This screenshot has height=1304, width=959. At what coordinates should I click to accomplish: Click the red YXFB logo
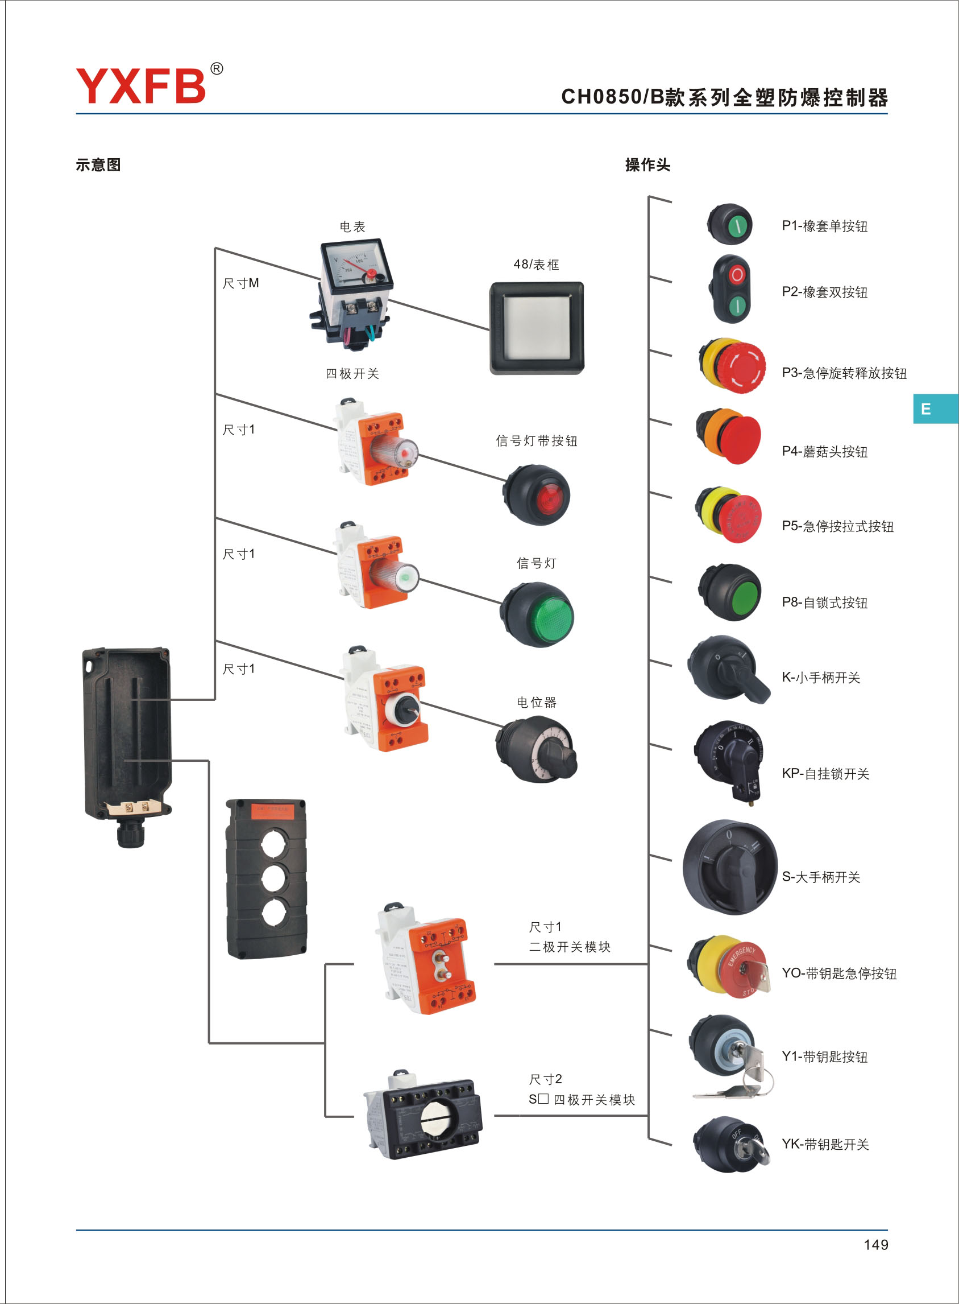pyautogui.click(x=141, y=85)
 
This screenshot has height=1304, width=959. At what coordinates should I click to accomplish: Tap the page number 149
pyautogui.click(x=875, y=1245)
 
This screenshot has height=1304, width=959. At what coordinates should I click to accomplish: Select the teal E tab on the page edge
pyautogui.click(x=935, y=408)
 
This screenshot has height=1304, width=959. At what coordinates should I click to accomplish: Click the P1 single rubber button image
pyautogui.click(x=730, y=224)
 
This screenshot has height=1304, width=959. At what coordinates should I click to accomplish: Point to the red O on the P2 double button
pyautogui.click(x=737, y=275)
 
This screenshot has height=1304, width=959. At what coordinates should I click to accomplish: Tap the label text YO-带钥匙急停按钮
pyautogui.click(x=839, y=973)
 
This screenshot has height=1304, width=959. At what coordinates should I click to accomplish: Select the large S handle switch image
pyautogui.click(x=730, y=866)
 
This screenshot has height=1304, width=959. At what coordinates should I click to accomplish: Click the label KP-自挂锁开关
pyautogui.click(x=825, y=773)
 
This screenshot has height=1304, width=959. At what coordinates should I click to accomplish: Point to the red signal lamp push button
pyautogui.click(x=537, y=495)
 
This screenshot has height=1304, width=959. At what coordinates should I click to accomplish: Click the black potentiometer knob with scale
pyautogui.click(x=537, y=750)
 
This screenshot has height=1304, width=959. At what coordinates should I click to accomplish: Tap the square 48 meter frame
pyautogui.click(x=537, y=328)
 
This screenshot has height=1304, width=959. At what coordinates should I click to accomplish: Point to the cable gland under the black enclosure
pyautogui.click(x=131, y=833)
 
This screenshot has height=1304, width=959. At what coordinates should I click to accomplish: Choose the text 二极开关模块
pyautogui.click(x=570, y=947)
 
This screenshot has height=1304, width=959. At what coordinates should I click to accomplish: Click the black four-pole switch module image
pyautogui.click(x=422, y=1115)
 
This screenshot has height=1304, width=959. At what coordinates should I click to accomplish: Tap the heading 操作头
pyautogui.click(x=647, y=165)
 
